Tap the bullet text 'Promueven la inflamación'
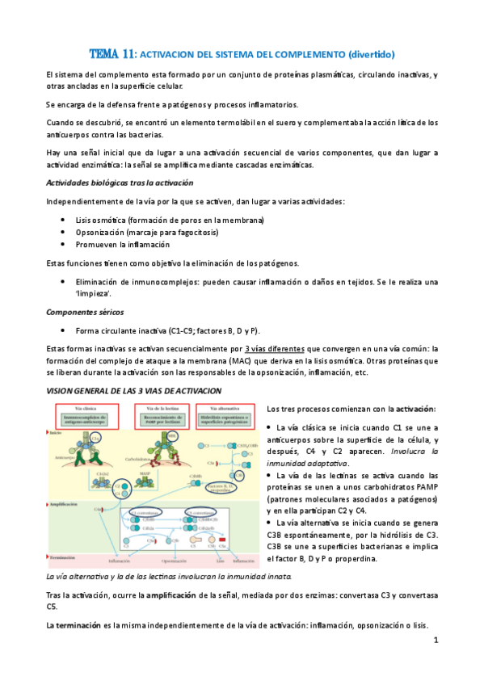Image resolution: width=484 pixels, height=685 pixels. point(123,244)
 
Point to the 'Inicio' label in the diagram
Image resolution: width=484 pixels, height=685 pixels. point(56,433)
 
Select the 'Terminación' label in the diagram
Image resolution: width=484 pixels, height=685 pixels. point(65,557)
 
